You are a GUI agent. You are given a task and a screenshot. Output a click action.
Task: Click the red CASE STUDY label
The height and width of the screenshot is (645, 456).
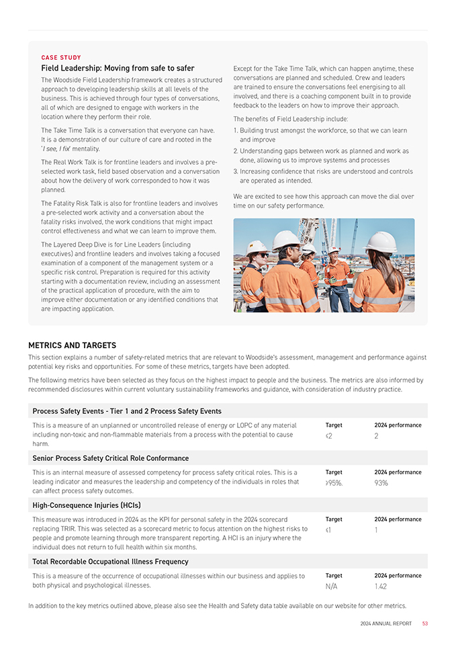point(62,58)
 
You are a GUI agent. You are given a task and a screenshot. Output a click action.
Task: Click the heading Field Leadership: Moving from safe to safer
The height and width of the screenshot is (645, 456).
point(118,69)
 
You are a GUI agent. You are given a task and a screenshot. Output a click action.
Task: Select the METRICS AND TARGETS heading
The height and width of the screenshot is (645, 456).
point(72,345)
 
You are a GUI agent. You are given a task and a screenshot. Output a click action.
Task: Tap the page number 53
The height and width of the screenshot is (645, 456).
point(425,623)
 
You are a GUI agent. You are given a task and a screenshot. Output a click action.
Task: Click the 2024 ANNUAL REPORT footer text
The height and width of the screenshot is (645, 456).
point(385,623)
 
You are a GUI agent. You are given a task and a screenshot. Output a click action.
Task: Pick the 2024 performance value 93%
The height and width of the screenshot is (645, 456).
point(381,483)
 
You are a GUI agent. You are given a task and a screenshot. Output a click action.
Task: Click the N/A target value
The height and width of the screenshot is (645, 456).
point(331,587)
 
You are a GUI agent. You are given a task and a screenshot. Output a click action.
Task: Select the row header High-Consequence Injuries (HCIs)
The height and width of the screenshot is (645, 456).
point(86,505)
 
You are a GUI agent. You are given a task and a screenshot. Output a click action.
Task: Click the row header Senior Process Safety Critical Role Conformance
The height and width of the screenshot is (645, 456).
point(110,458)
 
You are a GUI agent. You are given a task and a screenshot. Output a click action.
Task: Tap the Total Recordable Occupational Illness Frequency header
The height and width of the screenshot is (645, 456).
point(110,562)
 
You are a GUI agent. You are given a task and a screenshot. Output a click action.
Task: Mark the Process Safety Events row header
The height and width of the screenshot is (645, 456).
point(126,411)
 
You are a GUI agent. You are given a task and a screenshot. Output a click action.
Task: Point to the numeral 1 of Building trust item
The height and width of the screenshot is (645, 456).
point(235,130)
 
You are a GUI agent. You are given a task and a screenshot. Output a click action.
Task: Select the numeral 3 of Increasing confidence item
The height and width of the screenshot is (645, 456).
point(235,171)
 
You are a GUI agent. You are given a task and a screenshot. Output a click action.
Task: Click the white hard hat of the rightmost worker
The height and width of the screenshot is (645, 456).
point(381,242)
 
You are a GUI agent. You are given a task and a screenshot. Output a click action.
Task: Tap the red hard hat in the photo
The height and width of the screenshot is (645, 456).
point(334,250)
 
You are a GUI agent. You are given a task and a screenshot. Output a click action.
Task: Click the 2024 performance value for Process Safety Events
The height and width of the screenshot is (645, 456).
point(377,436)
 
